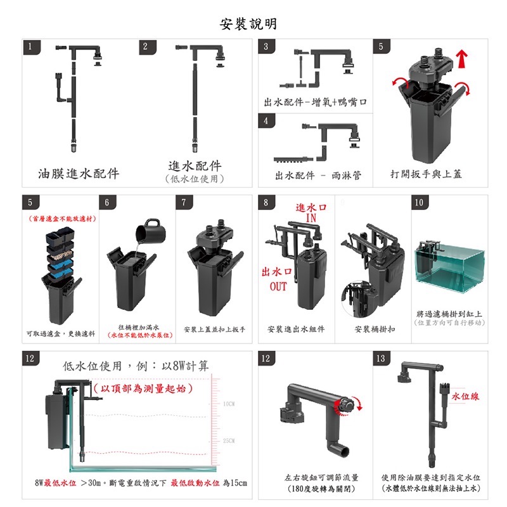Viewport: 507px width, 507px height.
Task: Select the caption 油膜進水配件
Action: point(79,173)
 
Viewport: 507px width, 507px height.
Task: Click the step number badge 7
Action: point(184,203)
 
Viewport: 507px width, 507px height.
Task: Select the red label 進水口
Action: point(311,208)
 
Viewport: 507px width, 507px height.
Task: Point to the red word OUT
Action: point(278,286)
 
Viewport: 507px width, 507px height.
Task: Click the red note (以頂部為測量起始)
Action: point(143,387)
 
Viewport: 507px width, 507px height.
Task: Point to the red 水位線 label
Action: point(465,396)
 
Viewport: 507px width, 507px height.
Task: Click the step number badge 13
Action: point(380,359)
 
